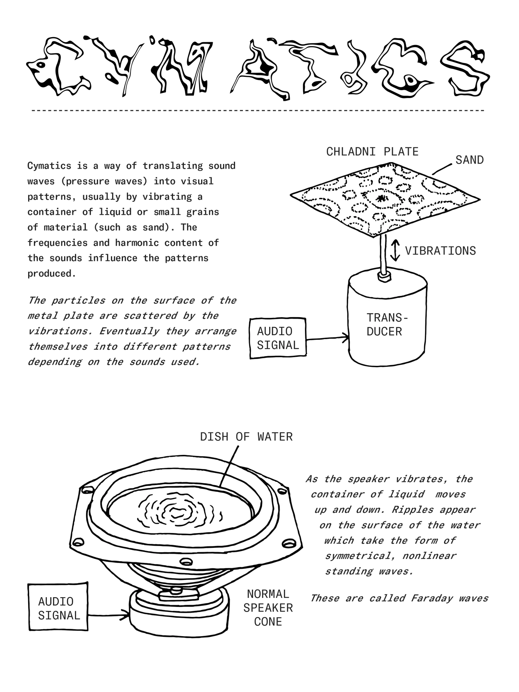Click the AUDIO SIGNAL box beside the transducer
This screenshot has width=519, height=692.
coord(278,338)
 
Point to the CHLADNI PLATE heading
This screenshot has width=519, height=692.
coord(372,152)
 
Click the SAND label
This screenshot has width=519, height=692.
coord(469,160)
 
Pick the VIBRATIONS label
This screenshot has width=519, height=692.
coord(440,251)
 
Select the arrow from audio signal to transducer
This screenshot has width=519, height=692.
coord(327,338)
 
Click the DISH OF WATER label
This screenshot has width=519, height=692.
coord(246,437)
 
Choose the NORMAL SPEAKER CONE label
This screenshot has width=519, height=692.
coord(268,608)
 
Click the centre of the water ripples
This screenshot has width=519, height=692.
coord(177,512)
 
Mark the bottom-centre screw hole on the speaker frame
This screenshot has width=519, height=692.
coord(186,561)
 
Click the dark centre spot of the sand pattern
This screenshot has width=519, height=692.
coord(381,198)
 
